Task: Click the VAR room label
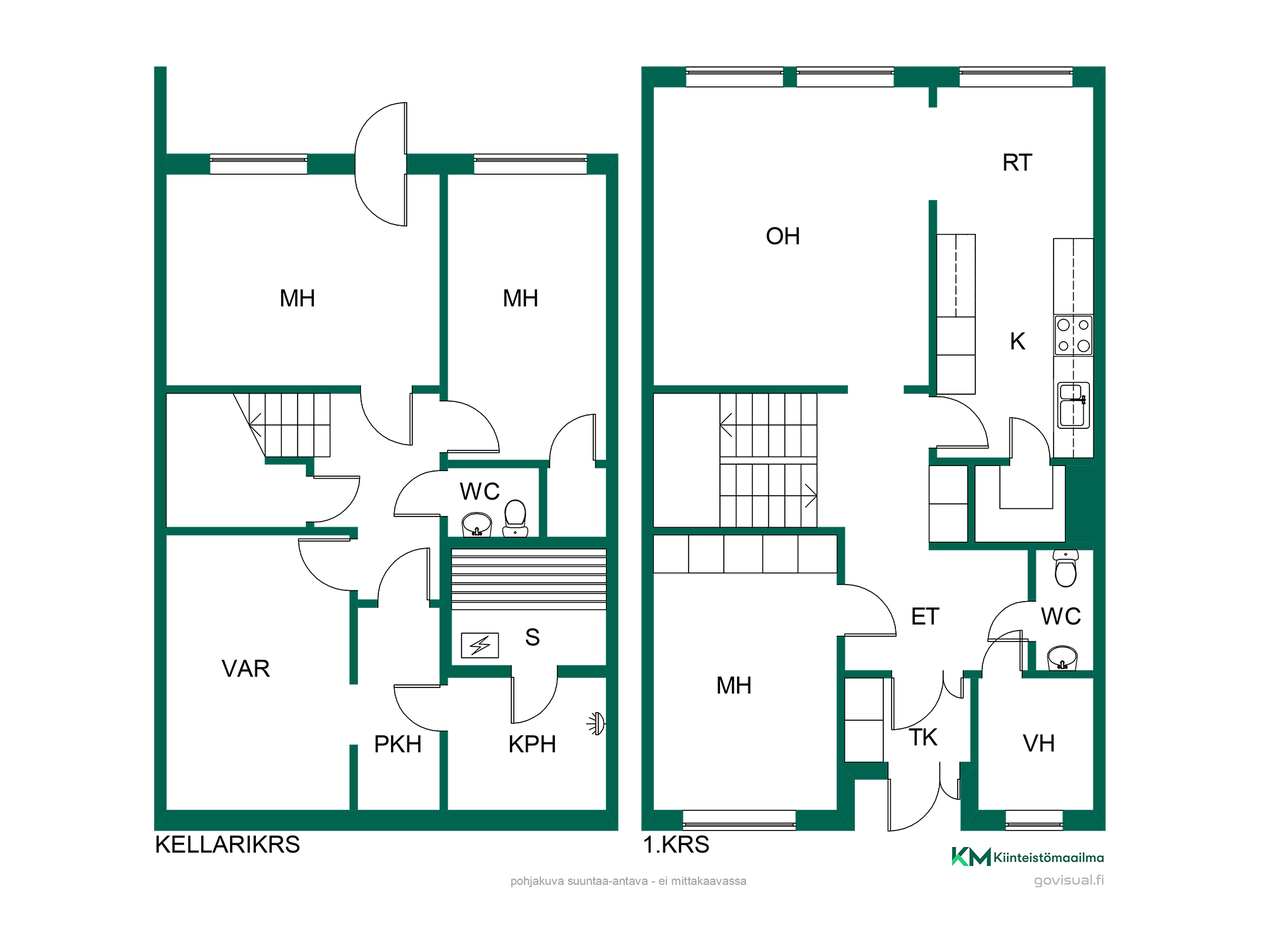pyautogui.click(x=246, y=669)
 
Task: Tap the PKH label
pyautogui.click(x=398, y=744)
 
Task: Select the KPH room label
pyautogui.click(x=532, y=744)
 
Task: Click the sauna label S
pyautogui.click(x=533, y=637)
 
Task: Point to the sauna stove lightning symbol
pyautogui.click(x=480, y=645)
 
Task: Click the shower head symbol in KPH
pyautogui.click(x=596, y=723)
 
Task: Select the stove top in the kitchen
pyautogui.click(x=1074, y=335)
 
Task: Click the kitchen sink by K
pyautogui.click(x=1073, y=405)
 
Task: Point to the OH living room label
pyautogui.click(x=783, y=237)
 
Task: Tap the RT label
pyautogui.click(x=1017, y=163)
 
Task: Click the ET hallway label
pyautogui.click(x=925, y=616)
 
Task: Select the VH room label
pyautogui.click(x=1038, y=744)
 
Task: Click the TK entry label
pyautogui.click(x=924, y=737)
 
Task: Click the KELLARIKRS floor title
pyautogui.click(x=227, y=844)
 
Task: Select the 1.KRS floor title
pyautogui.click(x=676, y=844)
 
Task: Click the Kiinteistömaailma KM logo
pyautogui.click(x=1028, y=857)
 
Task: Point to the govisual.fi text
pyautogui.click(x=1069, y=880)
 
